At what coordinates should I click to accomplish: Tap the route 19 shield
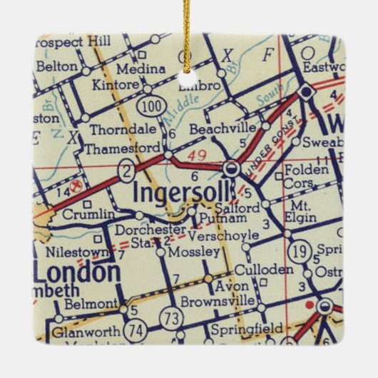298,251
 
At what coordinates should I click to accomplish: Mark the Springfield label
246,330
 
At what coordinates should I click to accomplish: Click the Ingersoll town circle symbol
231,169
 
